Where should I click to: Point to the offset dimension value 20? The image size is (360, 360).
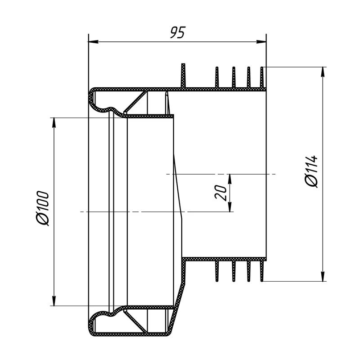tap(220, 193)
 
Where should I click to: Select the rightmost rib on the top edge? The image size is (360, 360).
tap(262, 76)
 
